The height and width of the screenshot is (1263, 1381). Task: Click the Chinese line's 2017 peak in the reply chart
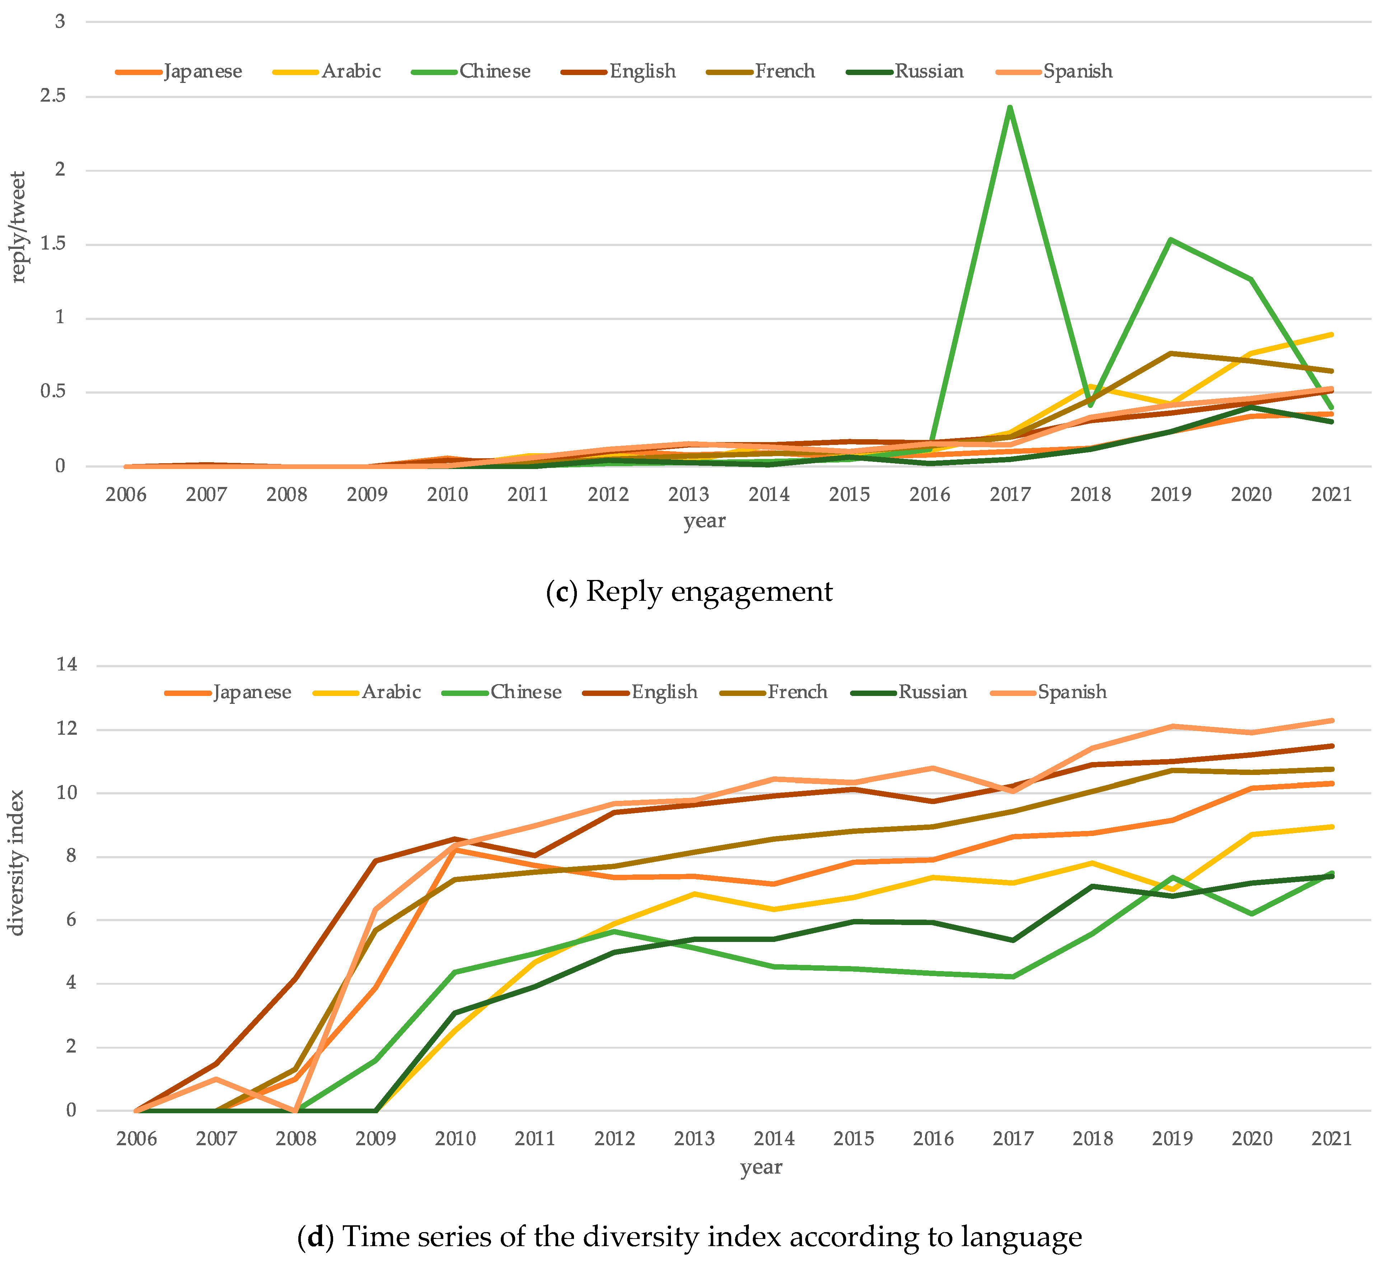coord(1010,108)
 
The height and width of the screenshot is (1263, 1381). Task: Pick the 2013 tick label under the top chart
coord(689,494)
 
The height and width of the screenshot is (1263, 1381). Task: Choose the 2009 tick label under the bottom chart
coord(375,1139)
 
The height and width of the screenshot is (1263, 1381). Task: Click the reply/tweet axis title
coord(19,226)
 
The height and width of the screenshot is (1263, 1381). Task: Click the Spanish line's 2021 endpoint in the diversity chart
coord(1332,720)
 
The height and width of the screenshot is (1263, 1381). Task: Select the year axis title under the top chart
coord(704,521)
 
